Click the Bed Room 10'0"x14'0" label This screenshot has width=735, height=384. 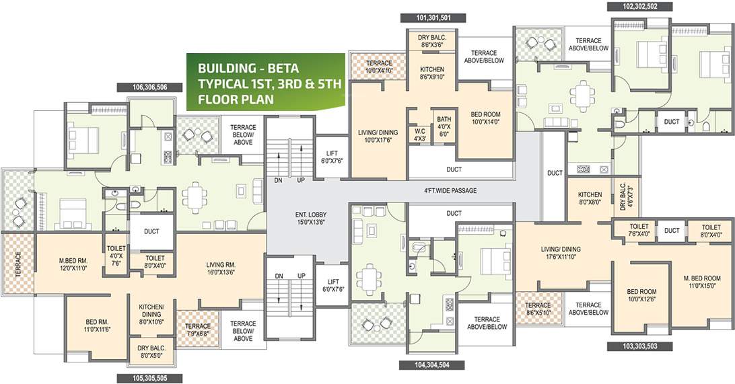tap(484, 118)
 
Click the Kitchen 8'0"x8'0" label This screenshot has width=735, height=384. tap(590, 198)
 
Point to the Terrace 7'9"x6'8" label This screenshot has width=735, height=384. tap(198, 330)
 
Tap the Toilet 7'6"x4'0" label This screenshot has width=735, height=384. tap(639, 231)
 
